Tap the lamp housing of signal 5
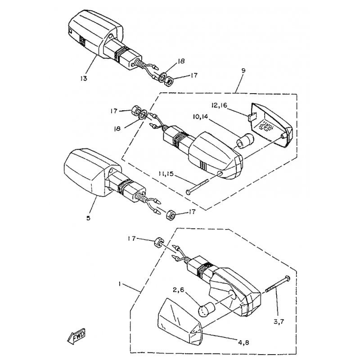coord(85,171)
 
